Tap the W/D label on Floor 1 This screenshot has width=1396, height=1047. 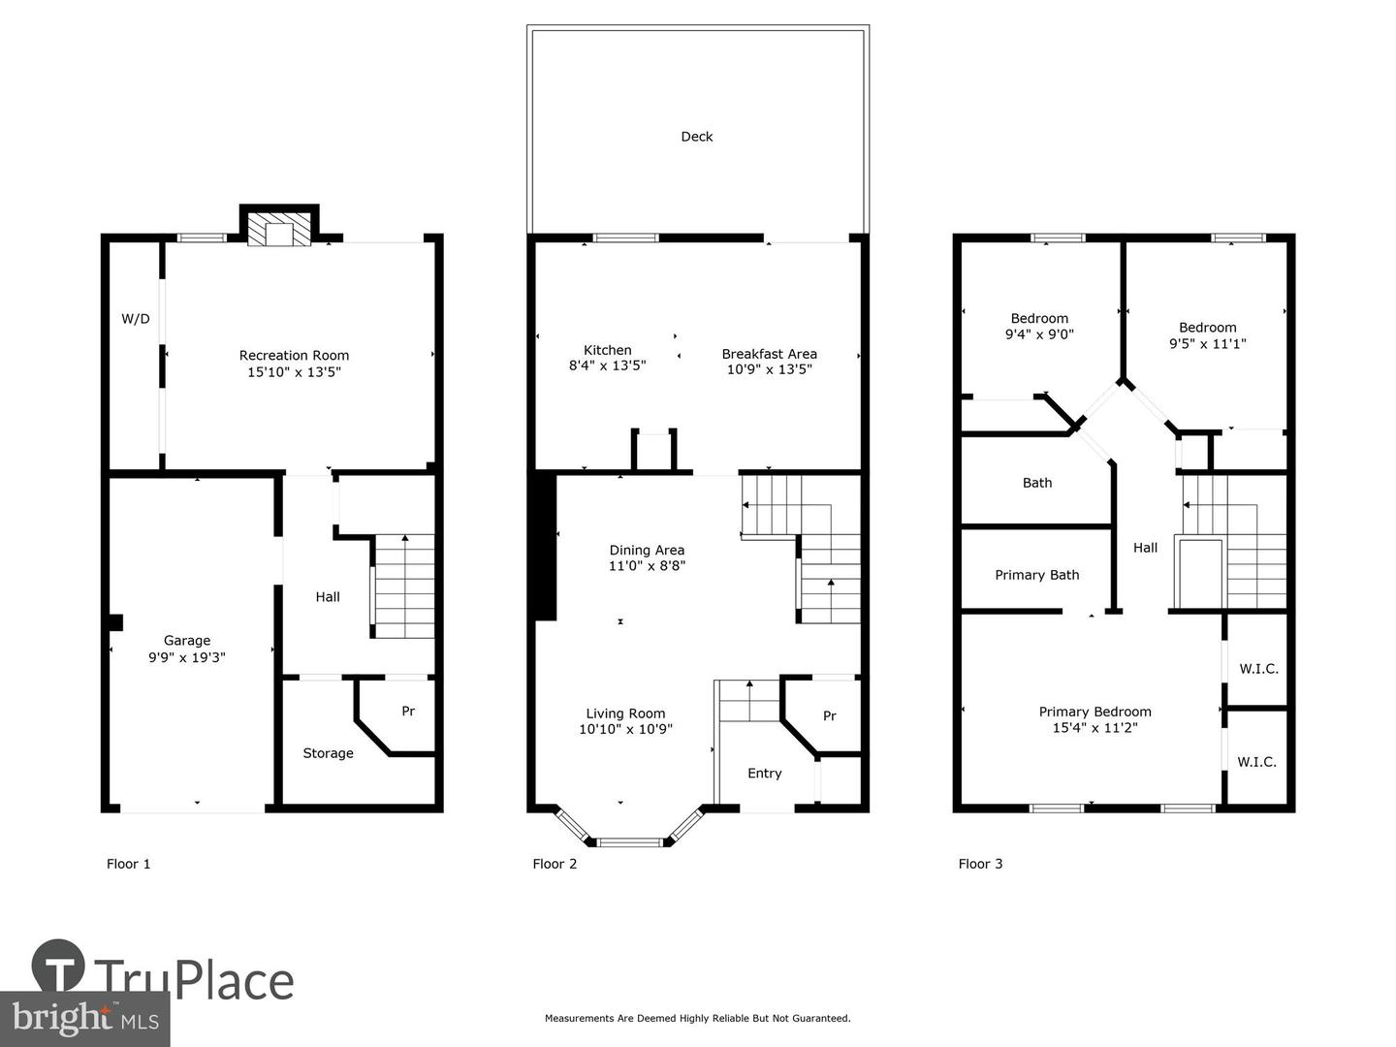tap(136, 319)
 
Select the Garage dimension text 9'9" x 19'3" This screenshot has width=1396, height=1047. tap(187, 657)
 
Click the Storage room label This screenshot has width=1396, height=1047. tap(328, 753)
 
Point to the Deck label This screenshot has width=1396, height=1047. tap(696, 137)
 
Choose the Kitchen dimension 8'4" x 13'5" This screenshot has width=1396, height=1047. tap(607, 366)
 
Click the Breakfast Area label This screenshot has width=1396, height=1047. tap(769, 354)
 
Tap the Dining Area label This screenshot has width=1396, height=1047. tap(647, 550)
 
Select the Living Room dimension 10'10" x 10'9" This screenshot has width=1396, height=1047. tap(625, 730)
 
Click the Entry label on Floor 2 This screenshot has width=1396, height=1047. tap(764, 774)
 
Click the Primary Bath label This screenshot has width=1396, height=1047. tap(1036, 575)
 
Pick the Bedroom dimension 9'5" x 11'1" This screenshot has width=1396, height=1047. tap(1207, 344)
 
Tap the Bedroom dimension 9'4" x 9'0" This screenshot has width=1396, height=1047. tap(1039, 334)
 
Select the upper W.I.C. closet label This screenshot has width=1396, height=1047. tap(1258, 669)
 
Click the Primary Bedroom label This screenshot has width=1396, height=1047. tap(1095, 712)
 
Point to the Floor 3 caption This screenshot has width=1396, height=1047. tap(980, 864)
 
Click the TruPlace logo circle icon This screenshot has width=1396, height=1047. tap(58, 966)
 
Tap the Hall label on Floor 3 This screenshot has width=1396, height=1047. tap(1145, 548)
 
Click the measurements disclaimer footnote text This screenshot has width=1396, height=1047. tap(697, 1018)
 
